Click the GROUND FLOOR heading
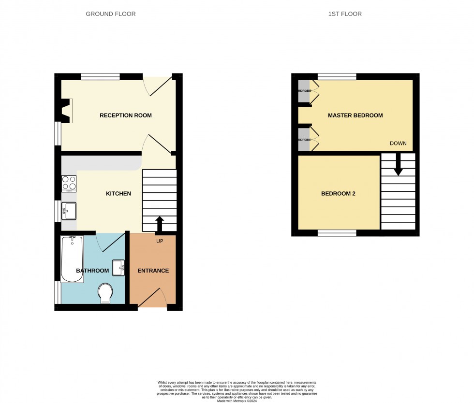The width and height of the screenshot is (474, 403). pos(111,14)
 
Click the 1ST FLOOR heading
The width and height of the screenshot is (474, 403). pos(345,14)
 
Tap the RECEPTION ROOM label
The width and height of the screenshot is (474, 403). pos(126,115)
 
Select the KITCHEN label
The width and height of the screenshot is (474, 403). pos(118,194)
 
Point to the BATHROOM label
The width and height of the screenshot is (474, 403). pos(92,271)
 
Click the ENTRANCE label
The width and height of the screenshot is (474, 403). pos(153,271)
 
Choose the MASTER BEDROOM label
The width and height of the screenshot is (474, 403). pos(355,115)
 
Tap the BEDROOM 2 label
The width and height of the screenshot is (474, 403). pos(339,194)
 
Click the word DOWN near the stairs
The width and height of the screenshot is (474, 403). pos(398,144)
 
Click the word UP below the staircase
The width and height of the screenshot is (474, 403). pos(160,241)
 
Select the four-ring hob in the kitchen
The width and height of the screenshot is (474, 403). pos(69,184)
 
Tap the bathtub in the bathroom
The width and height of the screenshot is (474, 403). pos(72,259)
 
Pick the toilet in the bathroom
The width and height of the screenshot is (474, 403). pos(105,293)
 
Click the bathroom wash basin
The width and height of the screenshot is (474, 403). pos(118,268)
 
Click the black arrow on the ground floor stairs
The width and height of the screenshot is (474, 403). pos(159,225)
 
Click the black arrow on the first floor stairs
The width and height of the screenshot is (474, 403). pos(398,166)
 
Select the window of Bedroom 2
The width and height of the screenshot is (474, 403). pos(337,233)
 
